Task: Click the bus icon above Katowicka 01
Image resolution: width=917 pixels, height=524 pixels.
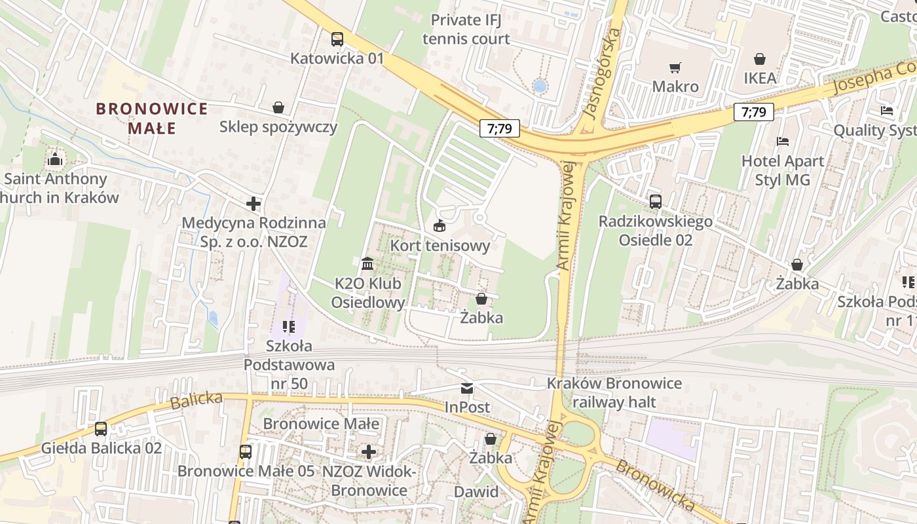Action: (337, 39)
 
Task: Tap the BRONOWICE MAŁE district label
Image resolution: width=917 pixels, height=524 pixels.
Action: (152, 118)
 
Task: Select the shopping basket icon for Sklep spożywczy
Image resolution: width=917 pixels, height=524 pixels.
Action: (278, 107)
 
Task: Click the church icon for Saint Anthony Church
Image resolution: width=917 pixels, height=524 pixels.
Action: (54, 159)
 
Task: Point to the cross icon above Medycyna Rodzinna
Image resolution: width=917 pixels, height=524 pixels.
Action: (253, 204)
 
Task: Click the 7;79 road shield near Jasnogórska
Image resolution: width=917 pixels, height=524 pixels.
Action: (499, 128)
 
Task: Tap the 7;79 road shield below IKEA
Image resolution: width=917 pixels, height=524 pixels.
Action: (753, 112)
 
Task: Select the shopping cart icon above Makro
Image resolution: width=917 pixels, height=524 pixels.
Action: (675, 67)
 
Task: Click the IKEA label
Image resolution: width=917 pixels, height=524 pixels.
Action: (760, 78)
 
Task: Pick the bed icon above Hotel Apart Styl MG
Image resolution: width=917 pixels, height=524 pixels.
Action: (783, 141)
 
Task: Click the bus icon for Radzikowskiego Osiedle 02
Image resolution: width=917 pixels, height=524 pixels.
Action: (656, 202)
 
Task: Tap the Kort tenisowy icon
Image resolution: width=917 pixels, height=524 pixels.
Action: (439, 226)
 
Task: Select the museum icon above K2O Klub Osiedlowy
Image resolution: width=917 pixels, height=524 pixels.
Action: (367, 264)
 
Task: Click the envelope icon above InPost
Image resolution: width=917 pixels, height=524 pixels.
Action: (467, 388)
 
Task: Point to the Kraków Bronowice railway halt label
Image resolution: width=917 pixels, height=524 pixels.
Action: (614, 392)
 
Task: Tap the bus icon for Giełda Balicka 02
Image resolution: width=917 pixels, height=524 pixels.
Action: (101, 429)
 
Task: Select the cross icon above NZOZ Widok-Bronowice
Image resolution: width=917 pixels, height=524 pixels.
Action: (369, 451)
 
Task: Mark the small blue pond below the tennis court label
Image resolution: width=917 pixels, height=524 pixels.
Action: (540, 86)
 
